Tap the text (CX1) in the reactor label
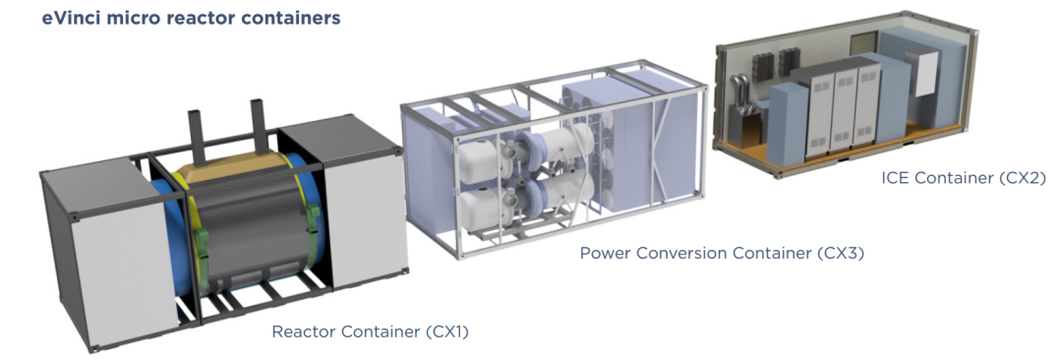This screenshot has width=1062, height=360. pos(447,332)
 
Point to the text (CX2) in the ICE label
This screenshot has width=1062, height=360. pos(1021,178)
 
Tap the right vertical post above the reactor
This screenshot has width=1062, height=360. pos(258,121)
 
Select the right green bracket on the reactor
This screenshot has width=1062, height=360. pos(313,219)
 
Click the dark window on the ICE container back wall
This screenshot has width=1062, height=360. pos(863,43)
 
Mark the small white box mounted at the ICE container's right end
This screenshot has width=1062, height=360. pos(926,72)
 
